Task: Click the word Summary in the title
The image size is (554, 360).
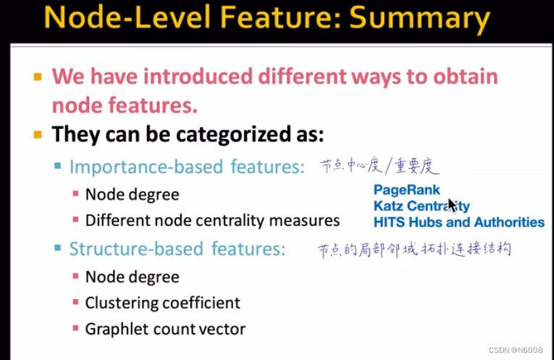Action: (x=420, y=18)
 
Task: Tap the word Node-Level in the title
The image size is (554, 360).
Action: (x=127, y=17)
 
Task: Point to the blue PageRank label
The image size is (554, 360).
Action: (x=407, y=190)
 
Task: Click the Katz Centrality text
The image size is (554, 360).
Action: (x=421, y=206)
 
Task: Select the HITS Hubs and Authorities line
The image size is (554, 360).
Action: (x=459, y=222)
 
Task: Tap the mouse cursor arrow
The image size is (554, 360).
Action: (x=453, y=205)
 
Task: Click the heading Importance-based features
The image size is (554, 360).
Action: (x=187, y=167)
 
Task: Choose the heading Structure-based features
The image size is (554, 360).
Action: (x=177, y=248)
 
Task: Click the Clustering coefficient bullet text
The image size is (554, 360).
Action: (x=162, y=303)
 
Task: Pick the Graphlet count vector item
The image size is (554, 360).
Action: (x=165, y=330)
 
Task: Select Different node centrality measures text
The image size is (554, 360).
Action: (x=212, y=221)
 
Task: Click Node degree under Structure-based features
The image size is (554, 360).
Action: (x=132, y=277)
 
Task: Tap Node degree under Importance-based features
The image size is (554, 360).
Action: (x=132, y=195)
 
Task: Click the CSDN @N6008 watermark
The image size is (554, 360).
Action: (x=516, y=350)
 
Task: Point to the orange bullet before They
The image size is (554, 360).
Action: (x=38, y=135)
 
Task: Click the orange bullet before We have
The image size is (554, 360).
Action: (x=38, y=77)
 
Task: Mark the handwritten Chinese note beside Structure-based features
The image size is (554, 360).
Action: (x=414, y=250)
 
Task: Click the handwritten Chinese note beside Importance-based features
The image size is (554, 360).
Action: (x=380, y=166)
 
